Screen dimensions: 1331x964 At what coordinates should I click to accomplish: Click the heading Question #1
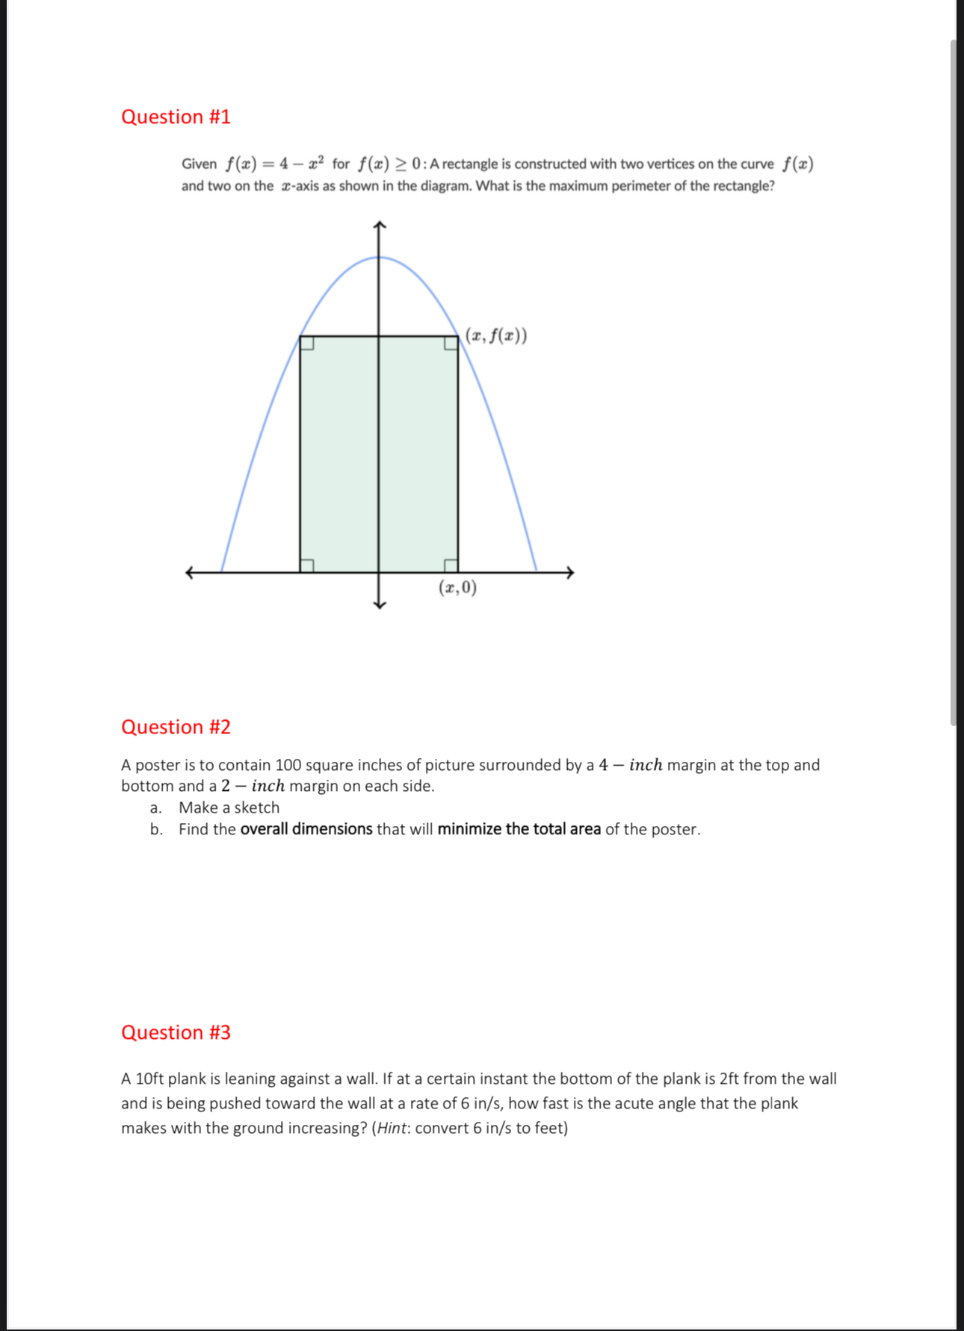point(176,117)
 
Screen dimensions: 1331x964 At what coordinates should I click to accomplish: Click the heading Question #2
point(176,727)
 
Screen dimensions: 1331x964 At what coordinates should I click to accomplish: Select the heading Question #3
point(176,1032)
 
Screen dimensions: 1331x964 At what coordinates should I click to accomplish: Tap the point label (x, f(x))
point(496,336)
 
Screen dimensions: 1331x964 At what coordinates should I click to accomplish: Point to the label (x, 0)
point(457,588)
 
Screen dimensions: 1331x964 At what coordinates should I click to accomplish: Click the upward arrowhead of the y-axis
point(380,225)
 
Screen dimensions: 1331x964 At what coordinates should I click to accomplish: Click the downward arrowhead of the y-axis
point(380,604)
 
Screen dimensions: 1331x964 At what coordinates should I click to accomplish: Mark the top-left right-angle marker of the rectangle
point(306,343)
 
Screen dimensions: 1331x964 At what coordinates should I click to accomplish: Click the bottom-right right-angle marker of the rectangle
point(451,565)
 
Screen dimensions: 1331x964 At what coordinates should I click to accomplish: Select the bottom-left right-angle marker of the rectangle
point(306,565)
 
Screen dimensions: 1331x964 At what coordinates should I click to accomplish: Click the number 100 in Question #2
point(288,765)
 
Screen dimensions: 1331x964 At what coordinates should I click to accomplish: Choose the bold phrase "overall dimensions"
point(306,829)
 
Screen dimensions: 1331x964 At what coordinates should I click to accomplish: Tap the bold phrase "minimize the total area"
point(519,829)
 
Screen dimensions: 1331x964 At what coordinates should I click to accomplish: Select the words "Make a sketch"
point(229,807)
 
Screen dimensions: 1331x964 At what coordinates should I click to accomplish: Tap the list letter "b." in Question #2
point(156,829)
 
